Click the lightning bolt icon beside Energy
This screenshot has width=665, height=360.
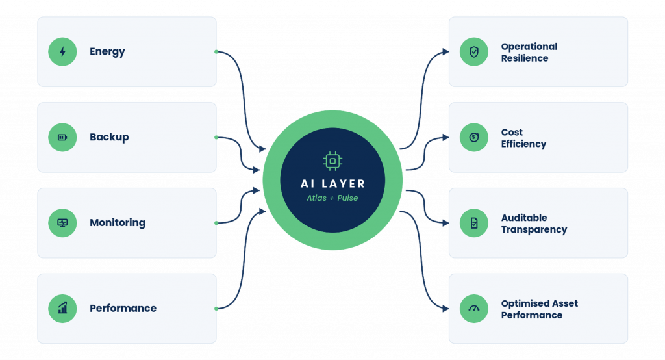click(62, 52)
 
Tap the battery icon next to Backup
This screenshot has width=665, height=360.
click(62, 137)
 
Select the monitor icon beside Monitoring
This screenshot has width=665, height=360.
click(62, 223)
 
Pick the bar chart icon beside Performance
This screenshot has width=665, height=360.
click(62, 308)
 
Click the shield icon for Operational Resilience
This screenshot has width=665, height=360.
click(473, 52)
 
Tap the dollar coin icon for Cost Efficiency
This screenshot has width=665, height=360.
click(473, 137)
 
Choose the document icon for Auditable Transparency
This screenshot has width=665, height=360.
click(473, 223)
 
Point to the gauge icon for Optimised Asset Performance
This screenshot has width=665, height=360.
click(473, 308)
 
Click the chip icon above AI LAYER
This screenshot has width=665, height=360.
click(332, 161)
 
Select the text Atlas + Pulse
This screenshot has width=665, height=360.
click(332, 198)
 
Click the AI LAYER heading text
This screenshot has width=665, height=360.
click(332, 184)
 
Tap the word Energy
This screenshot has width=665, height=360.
click(107, 52)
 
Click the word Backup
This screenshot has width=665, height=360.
click(109, 137)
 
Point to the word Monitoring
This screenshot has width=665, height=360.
click(118, 223)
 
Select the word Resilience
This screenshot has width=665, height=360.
click(525, 58)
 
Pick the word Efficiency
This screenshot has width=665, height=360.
click(524, 144)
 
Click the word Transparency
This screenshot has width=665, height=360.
click(534, 229)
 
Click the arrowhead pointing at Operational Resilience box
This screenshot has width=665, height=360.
click(445, 52)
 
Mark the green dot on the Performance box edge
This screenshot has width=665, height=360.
click(216, 309)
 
